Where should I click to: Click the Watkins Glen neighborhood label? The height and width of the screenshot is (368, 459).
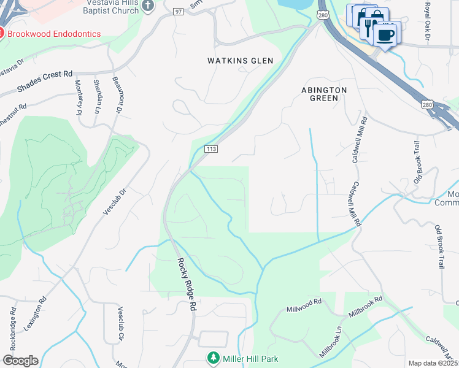240,61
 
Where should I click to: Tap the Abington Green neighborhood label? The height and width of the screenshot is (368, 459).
324,94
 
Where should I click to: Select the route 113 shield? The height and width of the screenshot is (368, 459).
211,149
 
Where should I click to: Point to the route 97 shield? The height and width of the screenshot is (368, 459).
179,12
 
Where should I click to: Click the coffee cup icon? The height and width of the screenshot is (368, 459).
386,36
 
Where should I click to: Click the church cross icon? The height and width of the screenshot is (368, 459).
147,6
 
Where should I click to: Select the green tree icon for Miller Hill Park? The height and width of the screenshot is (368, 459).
213,358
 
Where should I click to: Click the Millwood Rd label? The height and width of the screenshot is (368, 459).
307,303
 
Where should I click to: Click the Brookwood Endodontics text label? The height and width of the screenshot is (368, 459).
53,34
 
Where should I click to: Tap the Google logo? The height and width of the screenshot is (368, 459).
20,361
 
